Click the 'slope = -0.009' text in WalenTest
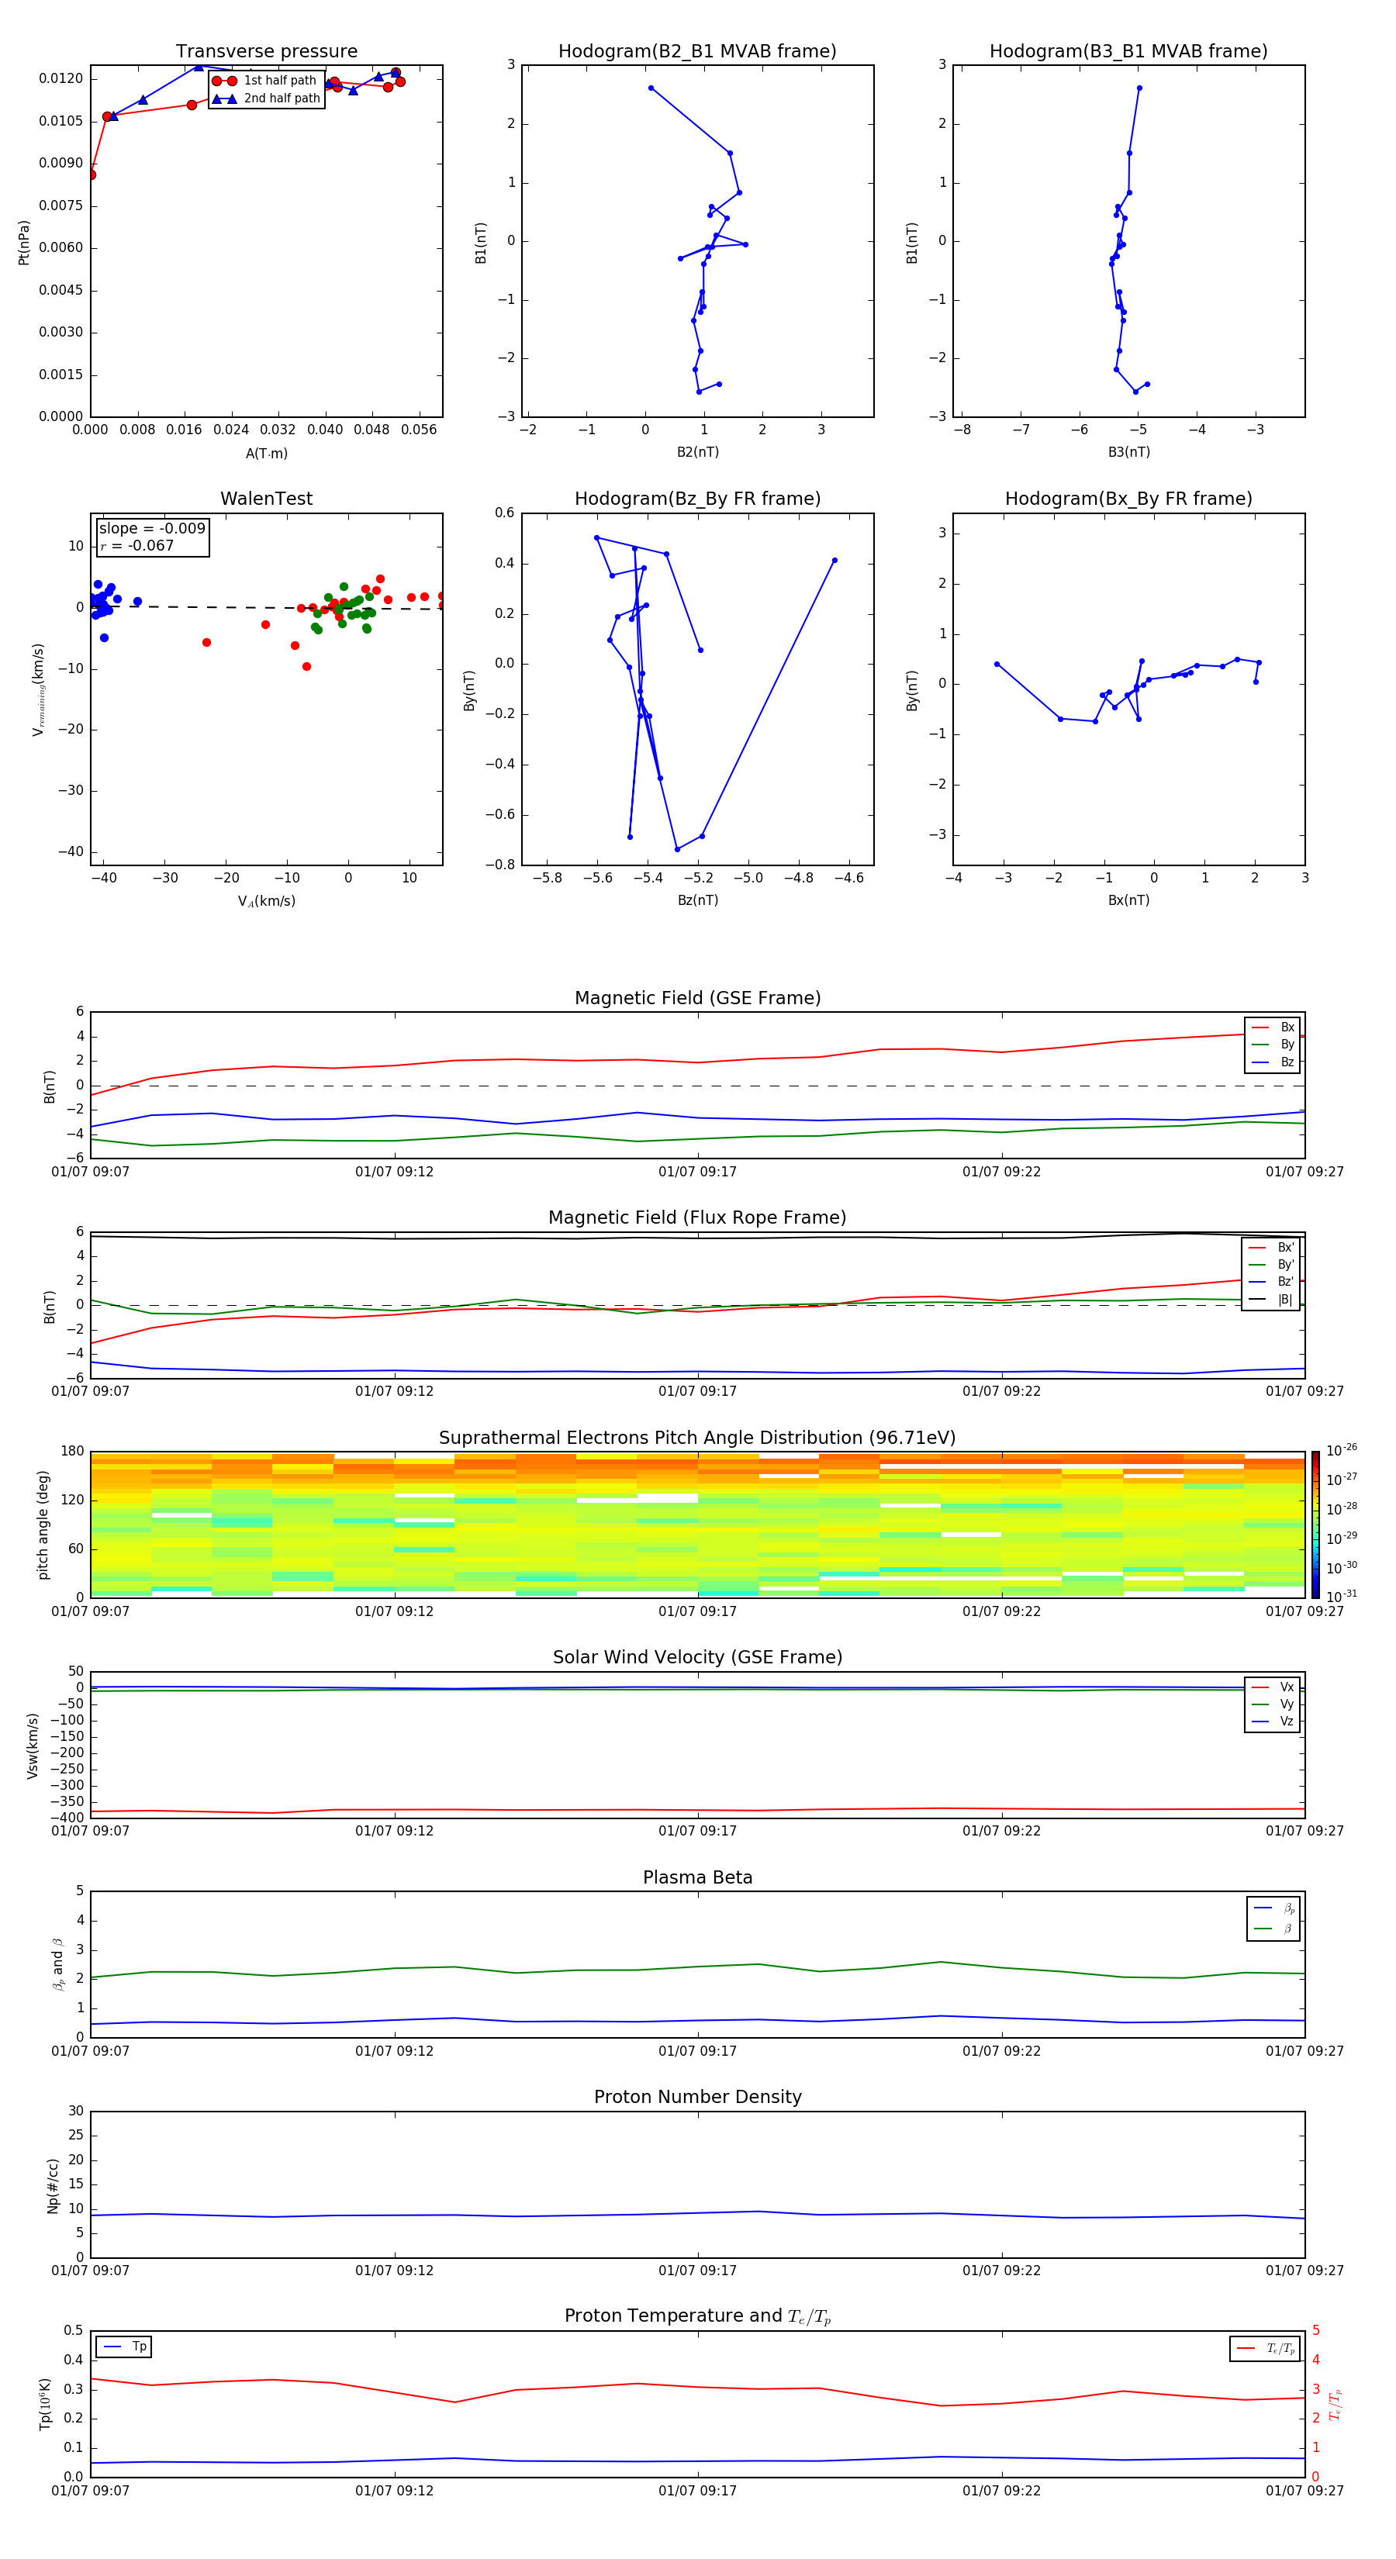(152, 529)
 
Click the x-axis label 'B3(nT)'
(1128, 452)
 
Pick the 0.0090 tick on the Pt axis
(60, 163)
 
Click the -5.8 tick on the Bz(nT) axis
(547, 878)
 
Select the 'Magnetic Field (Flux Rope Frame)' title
(696, 1218)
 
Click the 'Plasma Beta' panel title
(696, 1877)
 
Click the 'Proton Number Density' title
(696, 2097)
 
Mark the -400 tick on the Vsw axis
(67, 1817)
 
